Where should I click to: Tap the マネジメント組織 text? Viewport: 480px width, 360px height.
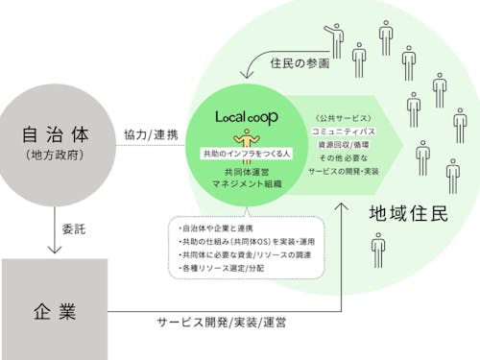pos(247,182)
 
